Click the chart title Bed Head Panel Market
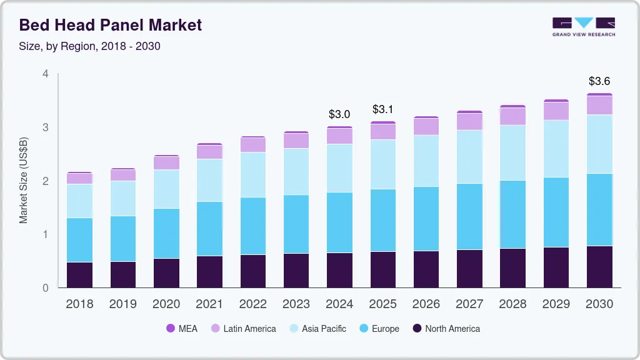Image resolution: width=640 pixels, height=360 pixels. pos(111,25)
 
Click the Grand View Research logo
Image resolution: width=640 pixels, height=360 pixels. pos(583,26)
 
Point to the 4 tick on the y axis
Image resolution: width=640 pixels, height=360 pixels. pos(45,74)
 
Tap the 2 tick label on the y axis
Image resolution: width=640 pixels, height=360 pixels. pos(45,181)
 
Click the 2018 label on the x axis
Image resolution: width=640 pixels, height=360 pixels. pos(79,304)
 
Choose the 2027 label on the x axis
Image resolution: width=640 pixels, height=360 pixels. pos(469,304)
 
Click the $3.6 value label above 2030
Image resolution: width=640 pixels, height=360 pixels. pos(599,81)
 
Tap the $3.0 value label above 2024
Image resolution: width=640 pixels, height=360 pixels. pos(339,114)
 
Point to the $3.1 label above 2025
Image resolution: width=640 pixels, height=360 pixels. pos(382,109)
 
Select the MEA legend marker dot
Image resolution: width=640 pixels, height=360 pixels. pos(171,329)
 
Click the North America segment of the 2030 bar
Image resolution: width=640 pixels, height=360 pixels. pos(599,267)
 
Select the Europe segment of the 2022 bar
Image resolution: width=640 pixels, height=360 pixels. pos(253,226)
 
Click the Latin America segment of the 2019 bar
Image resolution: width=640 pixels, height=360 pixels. pos(122,175)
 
